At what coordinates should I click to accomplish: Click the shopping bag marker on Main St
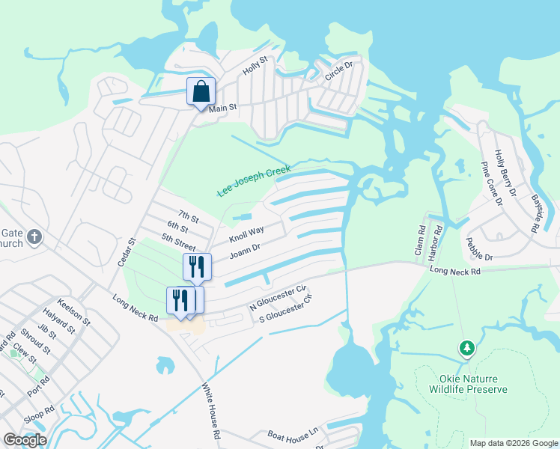coord(201,92)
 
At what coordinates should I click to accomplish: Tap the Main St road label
coord(222,109)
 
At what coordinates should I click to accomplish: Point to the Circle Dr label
coord(338,72)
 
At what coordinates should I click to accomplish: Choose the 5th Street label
coord(178,242)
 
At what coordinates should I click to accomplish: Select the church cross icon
coord(34,238)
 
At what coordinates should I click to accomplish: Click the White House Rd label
coord(211,412)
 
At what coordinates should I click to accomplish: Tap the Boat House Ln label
coord(293,433)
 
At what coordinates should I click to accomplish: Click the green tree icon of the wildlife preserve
coord(467,348)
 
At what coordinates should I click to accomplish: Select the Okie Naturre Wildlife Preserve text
coord(468,384)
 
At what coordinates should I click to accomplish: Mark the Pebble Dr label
coord(479,250)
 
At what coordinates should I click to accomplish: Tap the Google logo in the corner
coord(25,440)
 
